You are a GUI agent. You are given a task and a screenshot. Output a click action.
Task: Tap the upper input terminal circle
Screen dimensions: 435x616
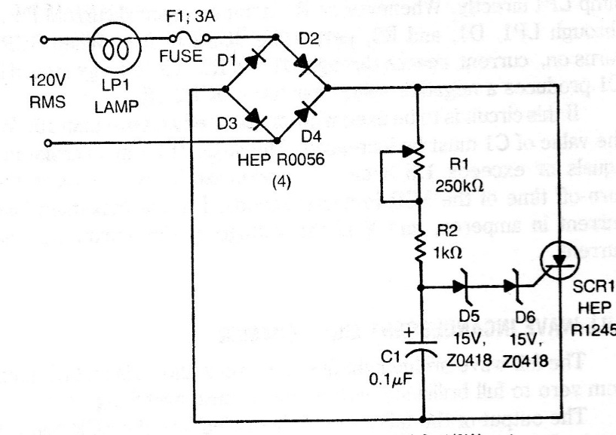(51, 38)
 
